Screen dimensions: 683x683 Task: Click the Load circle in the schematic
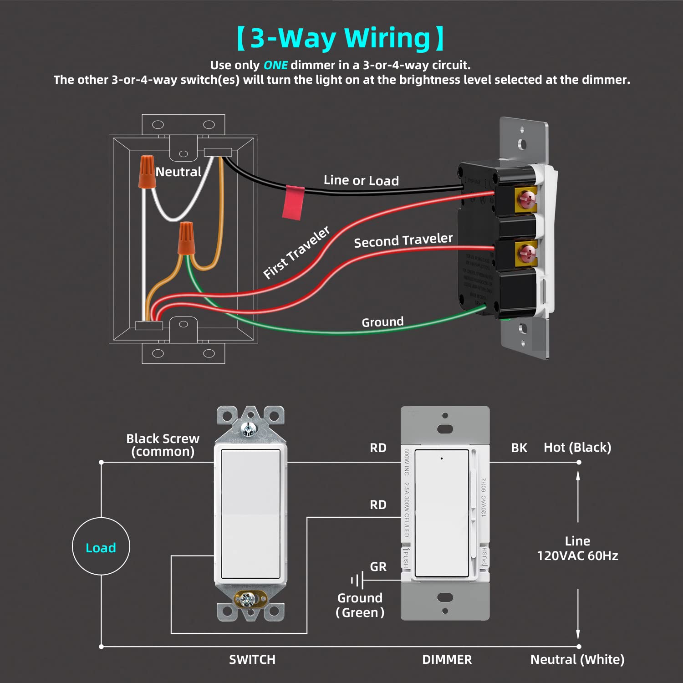point(101,546)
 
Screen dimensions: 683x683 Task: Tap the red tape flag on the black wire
point(293,203)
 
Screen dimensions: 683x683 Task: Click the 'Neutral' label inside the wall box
point(178,172)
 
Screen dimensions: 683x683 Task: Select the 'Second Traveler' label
point(403,240)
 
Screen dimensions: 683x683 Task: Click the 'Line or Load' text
point(361,180)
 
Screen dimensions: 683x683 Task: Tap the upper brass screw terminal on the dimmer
point(527,198)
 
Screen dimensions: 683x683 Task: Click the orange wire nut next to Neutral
point(147,171)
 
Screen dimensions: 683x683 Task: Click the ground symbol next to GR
point(357,581)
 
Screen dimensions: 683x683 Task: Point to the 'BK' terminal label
point(519,448)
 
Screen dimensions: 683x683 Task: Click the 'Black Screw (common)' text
point(163,445)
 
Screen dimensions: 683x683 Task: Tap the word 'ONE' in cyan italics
point(275,65)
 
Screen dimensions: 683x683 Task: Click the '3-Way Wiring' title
point(341,38)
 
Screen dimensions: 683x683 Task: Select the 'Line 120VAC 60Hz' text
point(577,548)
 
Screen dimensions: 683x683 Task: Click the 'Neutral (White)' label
point(577,659)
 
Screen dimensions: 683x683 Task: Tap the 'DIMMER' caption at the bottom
point(447,659)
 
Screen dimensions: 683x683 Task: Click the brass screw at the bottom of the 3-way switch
point(248,598)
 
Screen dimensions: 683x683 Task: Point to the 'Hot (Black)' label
point(577,448)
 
